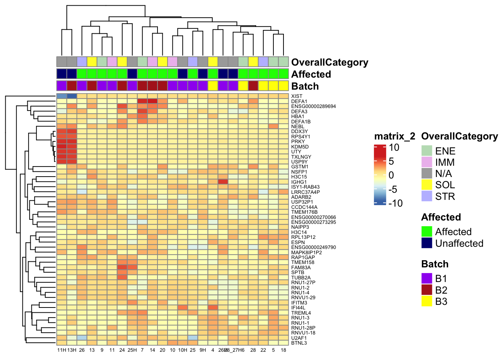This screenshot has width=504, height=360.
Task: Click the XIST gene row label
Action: pyautogui.click(x=297, y=96)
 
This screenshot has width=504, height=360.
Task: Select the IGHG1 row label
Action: pyautogui.click(x=299, y=182)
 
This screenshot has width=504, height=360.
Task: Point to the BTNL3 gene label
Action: pyautogui.click(x=299, y=343)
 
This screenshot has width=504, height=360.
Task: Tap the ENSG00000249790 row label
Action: pyautogui.click(x=313, y=247)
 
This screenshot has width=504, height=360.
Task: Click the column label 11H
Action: pyautogui.click(x=61, y=350)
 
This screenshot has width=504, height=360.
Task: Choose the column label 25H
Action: pyautogui.click(x=132, y=350)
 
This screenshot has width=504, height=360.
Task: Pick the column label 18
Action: pyautogui.click(x=283, y=350)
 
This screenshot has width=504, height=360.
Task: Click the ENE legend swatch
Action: pyautogui.click(x=427, y=151)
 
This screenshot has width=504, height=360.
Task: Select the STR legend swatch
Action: pyautogui.click(x=427, y=196)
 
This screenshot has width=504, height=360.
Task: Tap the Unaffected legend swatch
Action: pyautogui.click(x=427, y=243)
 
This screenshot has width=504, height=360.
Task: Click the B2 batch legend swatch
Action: pyautogui.click(x=427, y=290)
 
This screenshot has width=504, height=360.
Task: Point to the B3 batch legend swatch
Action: pyautogui.click(x=427, y=301)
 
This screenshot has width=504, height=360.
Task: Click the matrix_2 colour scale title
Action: pyautogui.click(x=394, y=136)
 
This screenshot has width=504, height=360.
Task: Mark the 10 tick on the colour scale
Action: pyautogui.click(x=394, y=148)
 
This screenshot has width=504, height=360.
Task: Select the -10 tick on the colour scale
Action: pyautogui.click(x=396, y=203)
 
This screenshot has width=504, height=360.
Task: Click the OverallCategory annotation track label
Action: pyautogui.click(x=330, y=62)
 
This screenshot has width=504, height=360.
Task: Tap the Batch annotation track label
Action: pyautogui.click(x=305, y=86)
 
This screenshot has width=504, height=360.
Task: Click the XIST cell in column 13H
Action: pyautogui.click(x=72, y=96)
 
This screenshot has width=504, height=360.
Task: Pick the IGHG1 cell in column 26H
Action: pyautogui.click(x=223, y=182)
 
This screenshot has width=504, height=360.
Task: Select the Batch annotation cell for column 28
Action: pyautogui.click(x=253, y=85)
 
